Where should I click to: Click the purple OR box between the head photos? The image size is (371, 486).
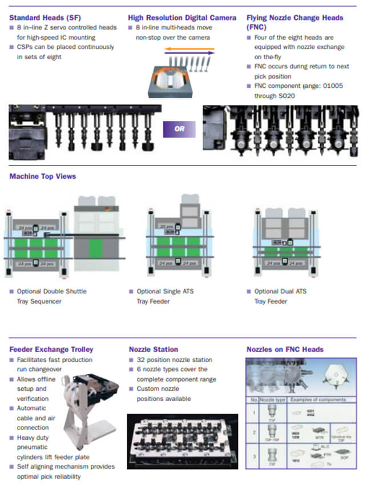pyautogui.click(x=180, y=129)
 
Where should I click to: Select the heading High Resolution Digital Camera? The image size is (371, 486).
pyautogui.click(x=182, y=18)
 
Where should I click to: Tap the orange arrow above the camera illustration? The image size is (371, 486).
pyautogui.click(x=189, y=50)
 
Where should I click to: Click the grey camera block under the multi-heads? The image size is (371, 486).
pyautogui.click(x=172, y=82)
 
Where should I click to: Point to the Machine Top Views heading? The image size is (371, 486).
pyautogui.click(x=43, y=176)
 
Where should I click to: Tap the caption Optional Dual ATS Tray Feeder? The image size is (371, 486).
pyautogui.click(x=280, y=296)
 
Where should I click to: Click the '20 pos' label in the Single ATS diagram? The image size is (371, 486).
pyautogui.click(x=167, y=226)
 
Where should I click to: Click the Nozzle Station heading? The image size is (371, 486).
pyautogui.click(x=154, y=349)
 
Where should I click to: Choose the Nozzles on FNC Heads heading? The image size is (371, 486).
pyautogui.click(x=285, y=349)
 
